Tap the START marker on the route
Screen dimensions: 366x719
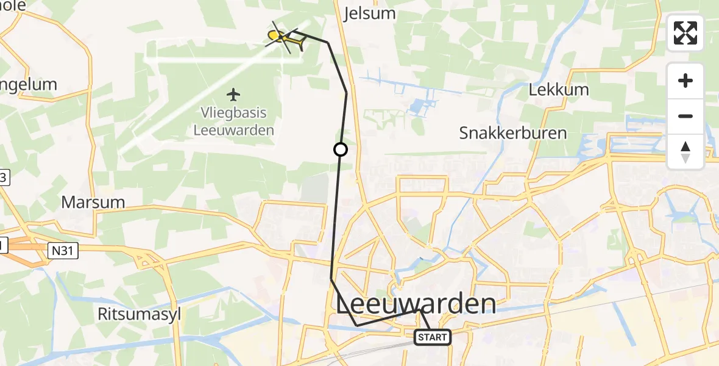point(433,337)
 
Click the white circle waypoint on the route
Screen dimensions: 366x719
point(341,149)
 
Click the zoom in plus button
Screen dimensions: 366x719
point(685,81)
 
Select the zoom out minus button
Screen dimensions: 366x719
point(685,116)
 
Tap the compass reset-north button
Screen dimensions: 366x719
point(685,152)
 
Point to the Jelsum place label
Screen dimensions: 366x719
point(370,13)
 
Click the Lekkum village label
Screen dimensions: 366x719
point(559,90)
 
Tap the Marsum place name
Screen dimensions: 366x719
point(93,202)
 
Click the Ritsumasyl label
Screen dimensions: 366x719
point(140,314)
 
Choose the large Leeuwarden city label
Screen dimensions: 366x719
point(416,303)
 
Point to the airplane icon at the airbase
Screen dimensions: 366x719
point(233,95)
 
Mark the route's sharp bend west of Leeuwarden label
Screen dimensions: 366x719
point(331,278)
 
